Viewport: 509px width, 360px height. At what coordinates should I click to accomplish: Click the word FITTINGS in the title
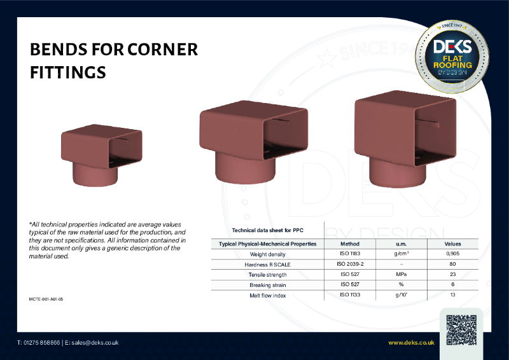[68, 73]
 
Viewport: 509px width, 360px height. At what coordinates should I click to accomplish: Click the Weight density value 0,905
[452, 254]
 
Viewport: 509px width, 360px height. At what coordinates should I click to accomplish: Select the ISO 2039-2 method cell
[350, 264]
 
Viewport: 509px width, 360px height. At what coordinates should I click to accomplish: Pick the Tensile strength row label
[267, 274]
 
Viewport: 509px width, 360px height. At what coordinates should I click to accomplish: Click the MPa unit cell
[401, 274]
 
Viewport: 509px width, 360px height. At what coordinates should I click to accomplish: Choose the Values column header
[452, 244]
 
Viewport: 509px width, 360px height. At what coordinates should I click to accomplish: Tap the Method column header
[350, 244]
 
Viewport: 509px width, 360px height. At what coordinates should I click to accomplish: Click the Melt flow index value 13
[452, 294]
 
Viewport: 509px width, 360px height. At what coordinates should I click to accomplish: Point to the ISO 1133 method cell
[350, 294]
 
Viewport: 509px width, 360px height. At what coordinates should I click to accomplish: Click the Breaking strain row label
[267, 284]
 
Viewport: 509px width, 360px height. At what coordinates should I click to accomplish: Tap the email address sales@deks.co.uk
[95, 343]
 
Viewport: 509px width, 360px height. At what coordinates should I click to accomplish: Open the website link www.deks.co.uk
[411, 343]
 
